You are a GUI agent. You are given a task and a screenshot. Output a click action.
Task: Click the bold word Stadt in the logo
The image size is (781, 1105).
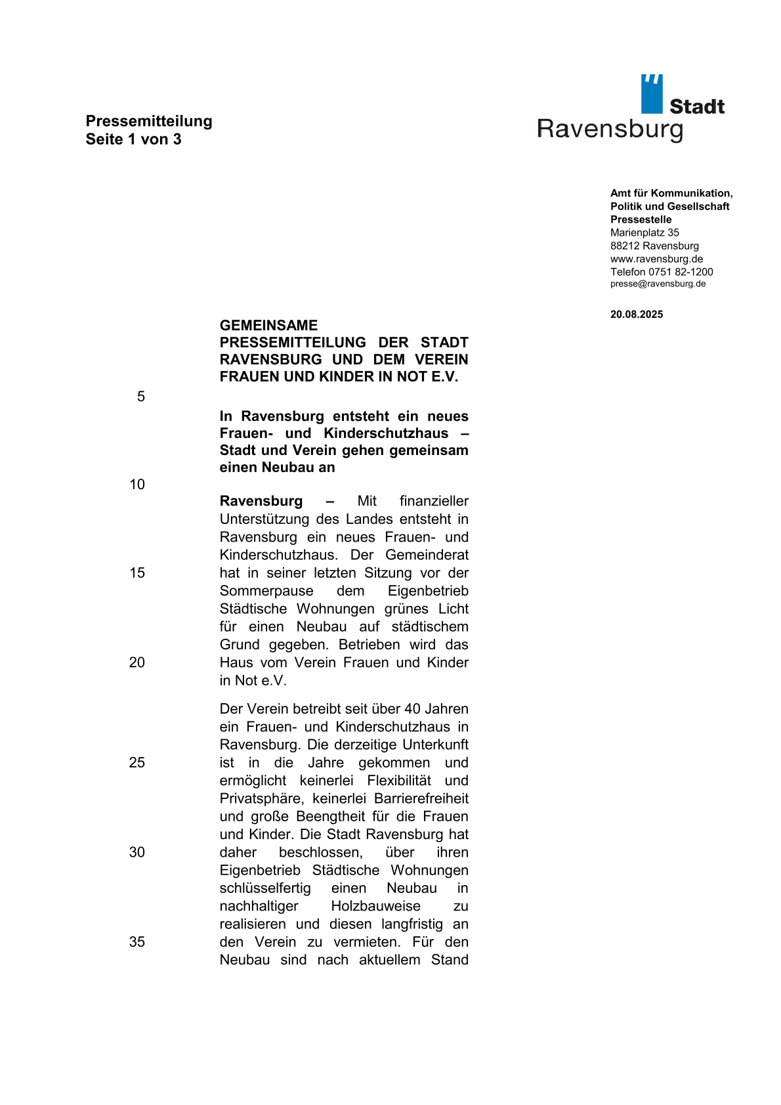point(696,106)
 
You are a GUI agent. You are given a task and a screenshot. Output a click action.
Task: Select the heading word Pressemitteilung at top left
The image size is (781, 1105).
point(149,121)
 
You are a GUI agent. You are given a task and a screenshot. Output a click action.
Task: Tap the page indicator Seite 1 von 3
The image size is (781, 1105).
point(133,139)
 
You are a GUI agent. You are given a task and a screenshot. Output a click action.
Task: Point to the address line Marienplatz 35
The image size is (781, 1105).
point(644,232)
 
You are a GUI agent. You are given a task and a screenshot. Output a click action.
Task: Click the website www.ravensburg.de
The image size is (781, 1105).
point(656,259)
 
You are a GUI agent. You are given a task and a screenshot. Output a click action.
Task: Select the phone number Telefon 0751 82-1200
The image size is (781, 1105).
point(662,272)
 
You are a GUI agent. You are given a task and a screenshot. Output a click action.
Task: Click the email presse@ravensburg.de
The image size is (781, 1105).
point(658,284)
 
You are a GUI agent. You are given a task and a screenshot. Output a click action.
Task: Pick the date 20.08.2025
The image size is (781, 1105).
point(637,314)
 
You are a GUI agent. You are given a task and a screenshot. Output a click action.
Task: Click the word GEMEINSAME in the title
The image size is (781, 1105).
point(268,326)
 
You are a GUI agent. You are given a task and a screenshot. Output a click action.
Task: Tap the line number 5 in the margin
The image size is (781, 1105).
point(141,397)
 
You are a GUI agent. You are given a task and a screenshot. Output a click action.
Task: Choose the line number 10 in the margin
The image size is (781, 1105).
point(137,485)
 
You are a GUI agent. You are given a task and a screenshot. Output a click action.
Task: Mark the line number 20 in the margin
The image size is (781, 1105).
point(137,662)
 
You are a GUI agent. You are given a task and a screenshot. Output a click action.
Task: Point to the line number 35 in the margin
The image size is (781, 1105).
point(137,942)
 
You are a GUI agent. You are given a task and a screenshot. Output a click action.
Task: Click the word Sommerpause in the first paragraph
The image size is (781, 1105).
point(266,591)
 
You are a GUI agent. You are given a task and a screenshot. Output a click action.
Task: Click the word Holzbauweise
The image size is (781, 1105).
point(375,906)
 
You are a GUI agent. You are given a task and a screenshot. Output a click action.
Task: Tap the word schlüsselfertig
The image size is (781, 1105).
point(265,888)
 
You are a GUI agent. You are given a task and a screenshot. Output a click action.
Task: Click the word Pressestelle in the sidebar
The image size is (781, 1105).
point(641,219)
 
